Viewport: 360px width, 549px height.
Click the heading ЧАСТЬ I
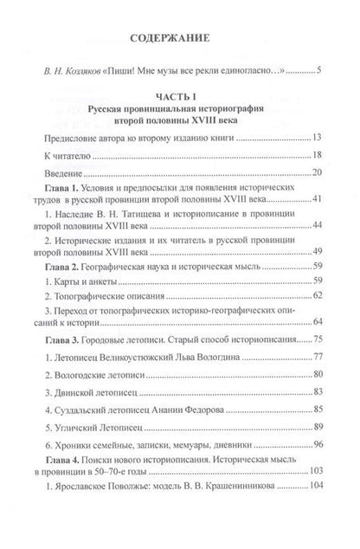(x=180, y=98)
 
